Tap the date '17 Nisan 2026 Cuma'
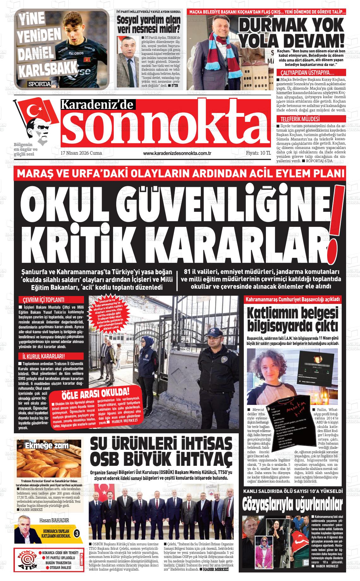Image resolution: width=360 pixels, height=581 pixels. coord(81,153)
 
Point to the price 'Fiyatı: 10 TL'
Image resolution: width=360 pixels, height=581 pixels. coord(258,153)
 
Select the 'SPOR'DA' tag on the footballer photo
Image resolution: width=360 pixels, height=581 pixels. coord(39,84)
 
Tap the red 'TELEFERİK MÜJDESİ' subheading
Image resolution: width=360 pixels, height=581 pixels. coord(298,119)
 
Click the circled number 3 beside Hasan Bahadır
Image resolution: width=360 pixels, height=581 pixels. coord(76,533)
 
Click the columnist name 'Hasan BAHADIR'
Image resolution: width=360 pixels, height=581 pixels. coord(54,520)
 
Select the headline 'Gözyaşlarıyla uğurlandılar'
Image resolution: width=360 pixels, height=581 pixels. coord(292,505)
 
